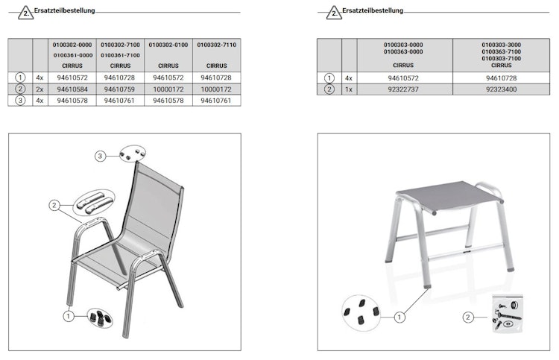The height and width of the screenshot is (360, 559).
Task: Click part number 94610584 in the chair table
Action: coord(72,89)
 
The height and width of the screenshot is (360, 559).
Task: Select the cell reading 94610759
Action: coord(119,89)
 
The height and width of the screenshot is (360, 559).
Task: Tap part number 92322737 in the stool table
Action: coord(403,89)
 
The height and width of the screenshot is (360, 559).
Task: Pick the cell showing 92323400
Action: coord(502,89)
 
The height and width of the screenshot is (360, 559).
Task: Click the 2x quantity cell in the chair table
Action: coord(40,89)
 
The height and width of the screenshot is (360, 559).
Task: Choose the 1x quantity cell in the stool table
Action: coord(349,89)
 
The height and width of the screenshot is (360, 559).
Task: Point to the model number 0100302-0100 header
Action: coord(168,45)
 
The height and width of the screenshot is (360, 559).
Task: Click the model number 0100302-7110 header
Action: coord(217,45)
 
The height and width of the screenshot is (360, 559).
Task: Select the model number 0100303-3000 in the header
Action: coord(502,45)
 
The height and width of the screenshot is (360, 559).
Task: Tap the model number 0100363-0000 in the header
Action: coord(403,51)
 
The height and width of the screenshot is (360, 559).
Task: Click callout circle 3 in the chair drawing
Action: coord(100,156)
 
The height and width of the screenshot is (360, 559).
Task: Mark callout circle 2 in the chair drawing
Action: coord(54,205)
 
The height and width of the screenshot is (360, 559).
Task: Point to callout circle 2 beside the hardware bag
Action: coord(468,318)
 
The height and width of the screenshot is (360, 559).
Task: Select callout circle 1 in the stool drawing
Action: coord(399,317)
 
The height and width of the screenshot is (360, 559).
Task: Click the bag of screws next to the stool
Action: coord(508,314)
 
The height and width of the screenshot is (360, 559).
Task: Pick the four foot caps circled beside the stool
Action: coord(361,312)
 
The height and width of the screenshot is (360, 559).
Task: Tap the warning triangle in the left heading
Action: coord(25,13)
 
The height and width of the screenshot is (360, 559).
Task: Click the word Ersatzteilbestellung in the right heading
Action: coord(373,10)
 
